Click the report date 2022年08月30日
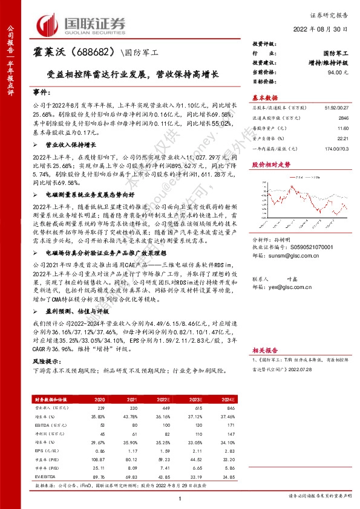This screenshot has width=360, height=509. (x=326, y=30)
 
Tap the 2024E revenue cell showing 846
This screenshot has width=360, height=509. (x=228, y=409)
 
